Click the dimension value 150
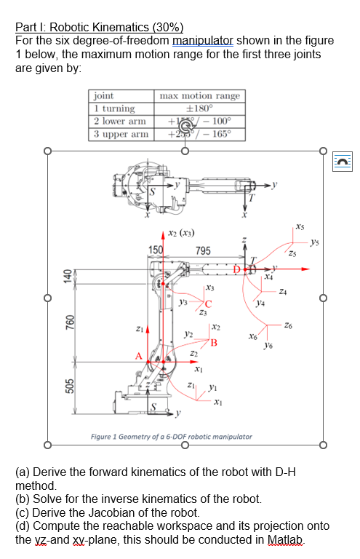(x=156, y=250)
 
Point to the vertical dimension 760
(x=67, y=322)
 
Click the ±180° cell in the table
(x=200, y=108)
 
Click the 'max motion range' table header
(x=200, y=96)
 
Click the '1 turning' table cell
(x=113, y=108)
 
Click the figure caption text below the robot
(x=172, y=437)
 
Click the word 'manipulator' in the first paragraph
(x=202, y=40)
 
